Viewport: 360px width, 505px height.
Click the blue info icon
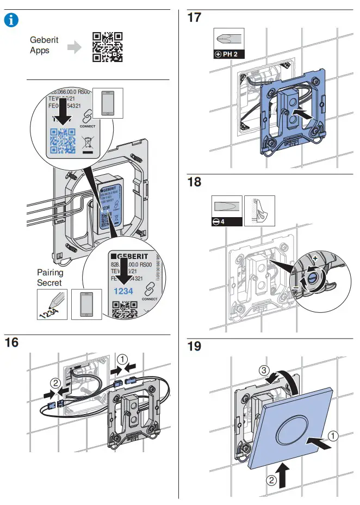point(11,21)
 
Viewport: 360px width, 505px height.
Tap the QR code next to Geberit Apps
point(107,47)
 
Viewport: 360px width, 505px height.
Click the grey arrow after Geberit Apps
point(73,47)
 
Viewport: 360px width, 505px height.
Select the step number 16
point(12,342)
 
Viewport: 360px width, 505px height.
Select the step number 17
point(194,18)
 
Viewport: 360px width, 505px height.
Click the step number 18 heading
point(194,182)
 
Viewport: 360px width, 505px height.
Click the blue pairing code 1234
point(123,292)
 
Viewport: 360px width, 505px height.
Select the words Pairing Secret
point(50,278)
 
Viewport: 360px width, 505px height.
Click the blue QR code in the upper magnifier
point(62,141)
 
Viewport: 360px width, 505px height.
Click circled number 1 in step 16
point(124,359)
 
